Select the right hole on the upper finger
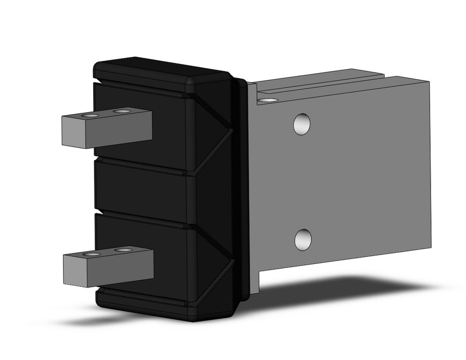(122, 111)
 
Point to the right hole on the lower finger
(123, 250)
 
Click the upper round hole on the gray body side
(302, 124)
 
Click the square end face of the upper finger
(73, 132)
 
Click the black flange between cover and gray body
(243, 187)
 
